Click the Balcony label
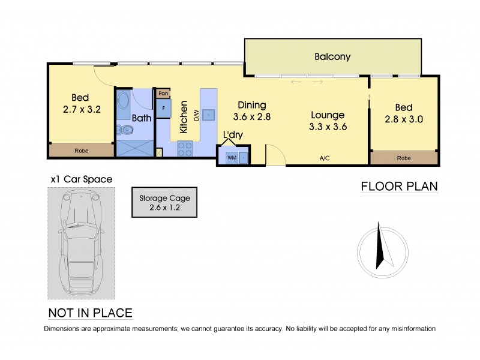[332, 57]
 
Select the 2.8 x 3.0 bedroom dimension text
[403, 119]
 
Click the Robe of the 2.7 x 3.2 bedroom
[81, 151]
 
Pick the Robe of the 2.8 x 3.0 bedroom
[403, 159]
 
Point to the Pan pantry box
[163, 94]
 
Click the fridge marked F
[163, 109]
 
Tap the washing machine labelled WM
[232, 158]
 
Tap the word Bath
[142, 118]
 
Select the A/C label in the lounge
[325, 158]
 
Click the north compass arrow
[380, 246]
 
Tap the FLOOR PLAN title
[398, 186]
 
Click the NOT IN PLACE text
[90, 313]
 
